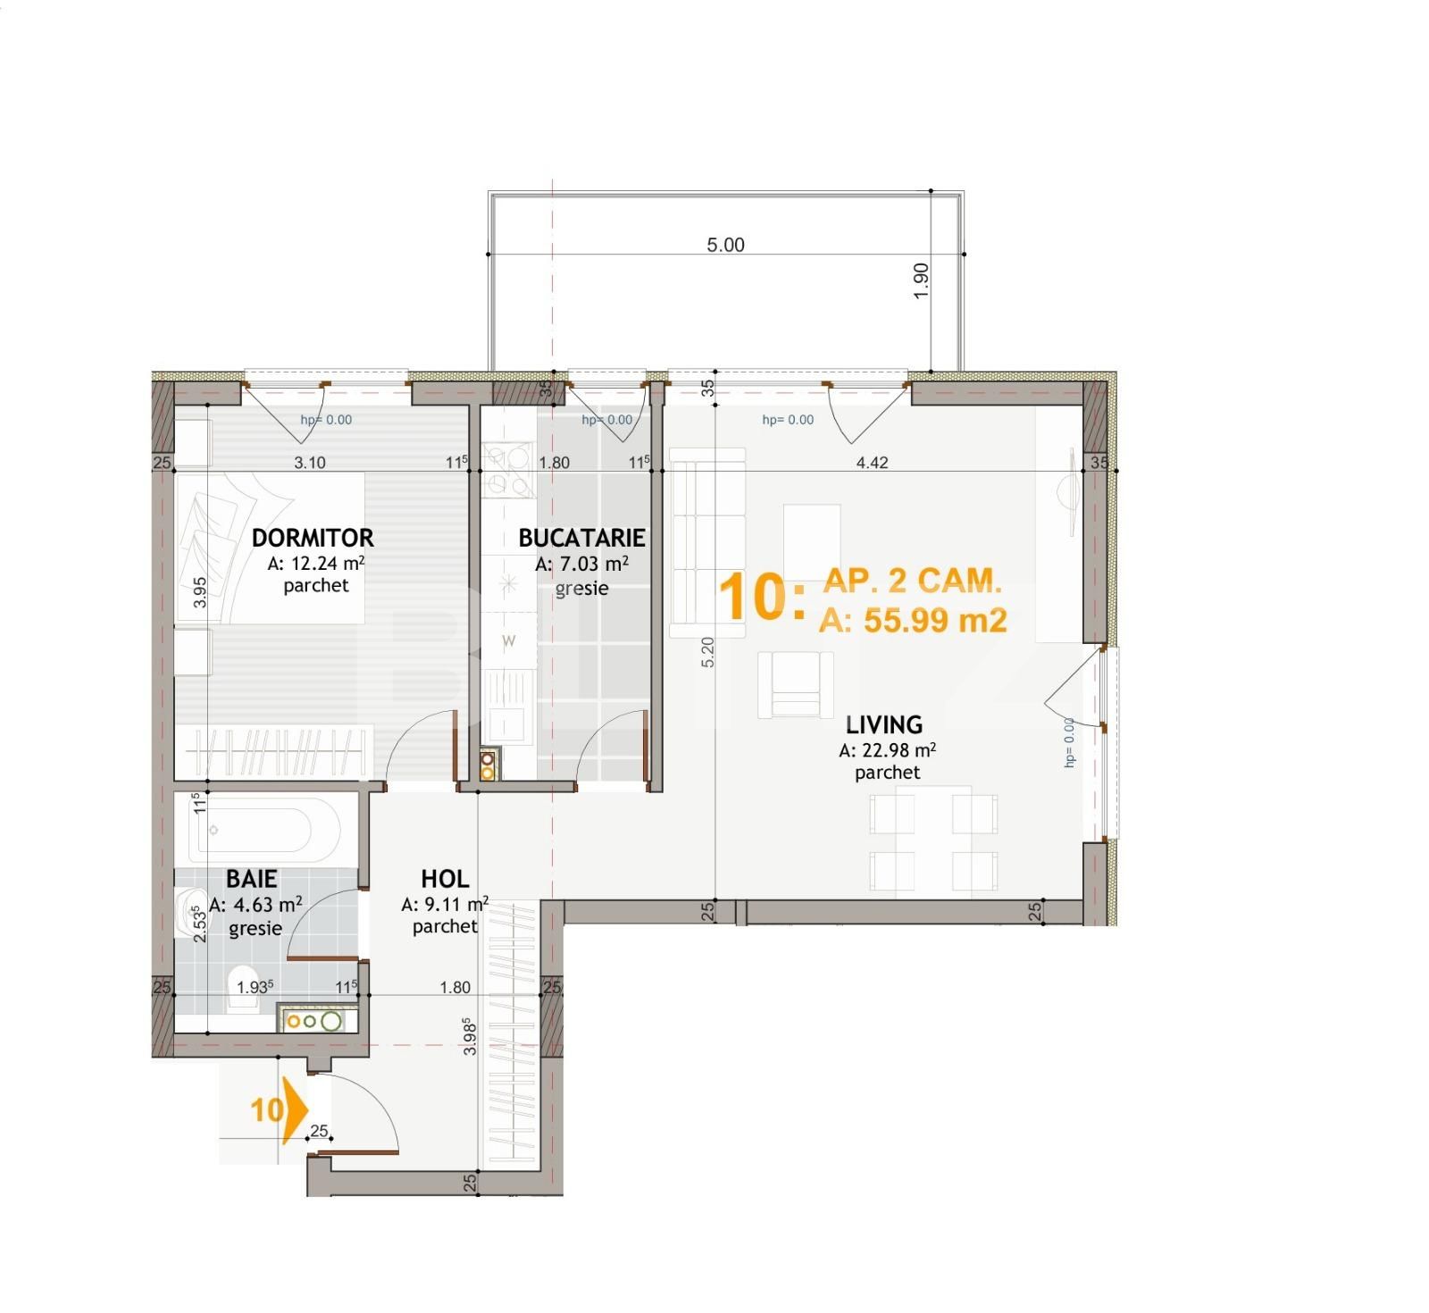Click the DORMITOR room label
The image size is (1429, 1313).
pos(312,538)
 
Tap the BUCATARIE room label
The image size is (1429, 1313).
pos(581,538)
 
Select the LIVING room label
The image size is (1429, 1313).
pos(884,724)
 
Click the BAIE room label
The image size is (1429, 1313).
pos(251,879)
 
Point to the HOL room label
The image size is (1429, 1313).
pos(445,879)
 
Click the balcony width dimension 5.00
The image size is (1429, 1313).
pos(725,245)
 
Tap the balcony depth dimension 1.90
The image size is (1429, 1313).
pos(922,280)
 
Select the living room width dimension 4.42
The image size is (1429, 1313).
pos(872,463)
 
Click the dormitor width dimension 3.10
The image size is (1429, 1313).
pos(310,463)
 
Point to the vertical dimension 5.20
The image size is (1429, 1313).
pos(707,652)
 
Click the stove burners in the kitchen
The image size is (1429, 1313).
pos(507,471)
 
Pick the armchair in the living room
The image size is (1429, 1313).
pos(795,684)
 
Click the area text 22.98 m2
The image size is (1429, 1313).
pos(887,751)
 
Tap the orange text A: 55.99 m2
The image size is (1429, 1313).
pos(913,620)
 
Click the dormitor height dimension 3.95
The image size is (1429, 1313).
pos(200,592)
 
